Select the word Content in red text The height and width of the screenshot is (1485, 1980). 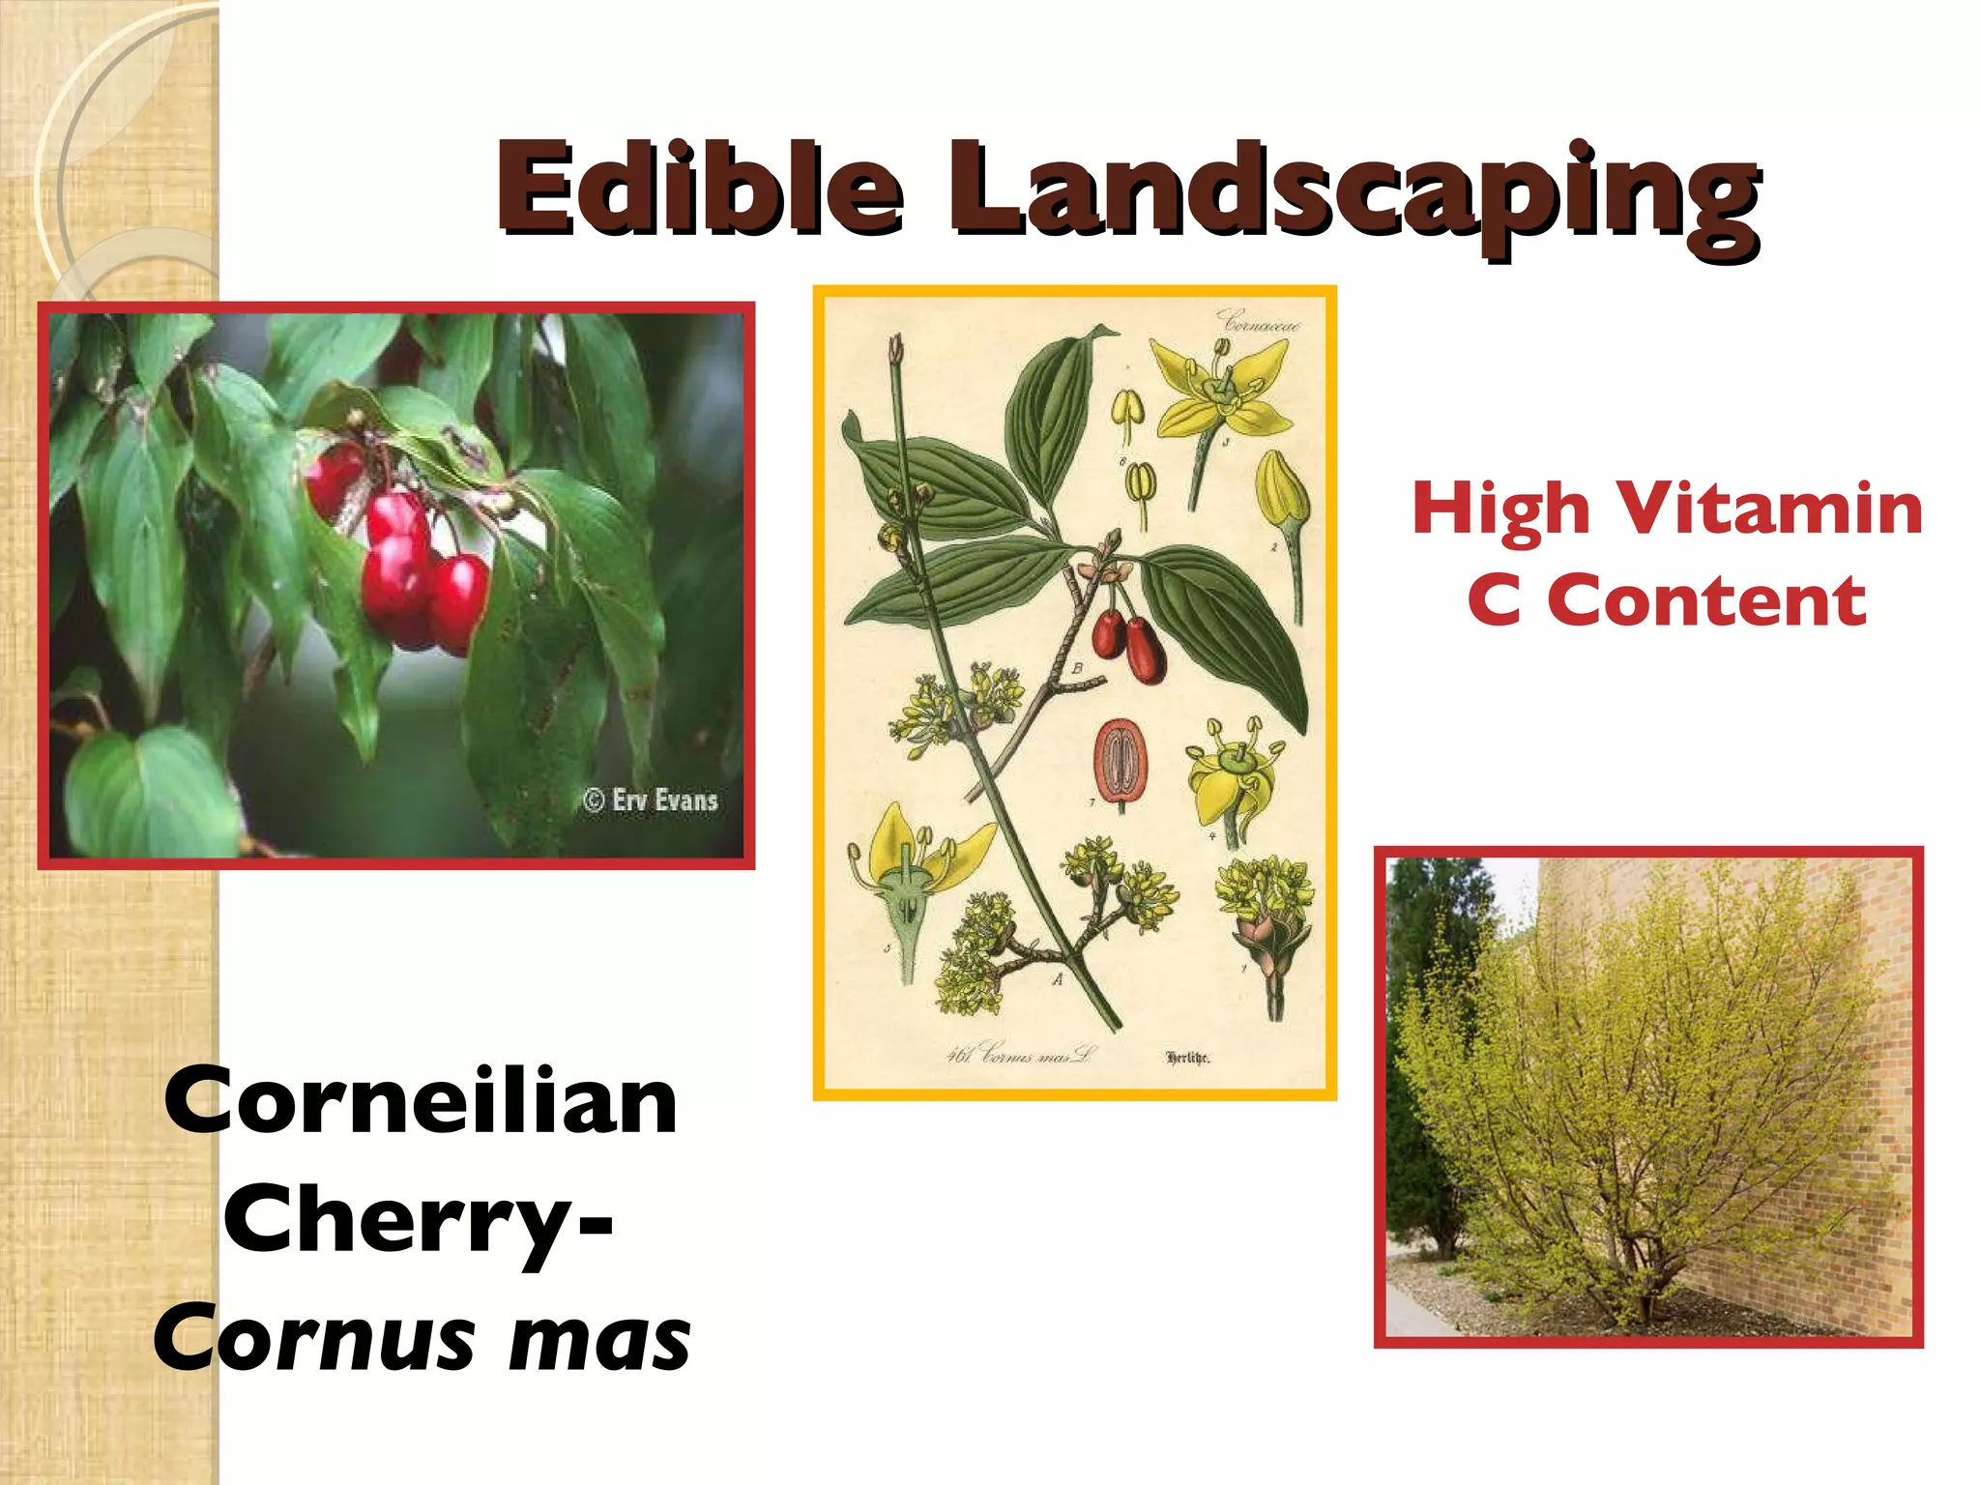[1707, 600]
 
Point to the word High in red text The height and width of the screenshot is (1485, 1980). [1500, 510]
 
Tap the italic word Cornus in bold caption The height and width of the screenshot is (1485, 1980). [313, 1340]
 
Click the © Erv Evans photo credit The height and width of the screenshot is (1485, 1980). [651, 801]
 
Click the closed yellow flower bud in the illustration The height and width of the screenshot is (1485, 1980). [1281, 490]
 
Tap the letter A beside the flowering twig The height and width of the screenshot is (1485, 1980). [1058, 979]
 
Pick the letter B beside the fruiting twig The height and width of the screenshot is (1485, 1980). [1076, 668]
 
